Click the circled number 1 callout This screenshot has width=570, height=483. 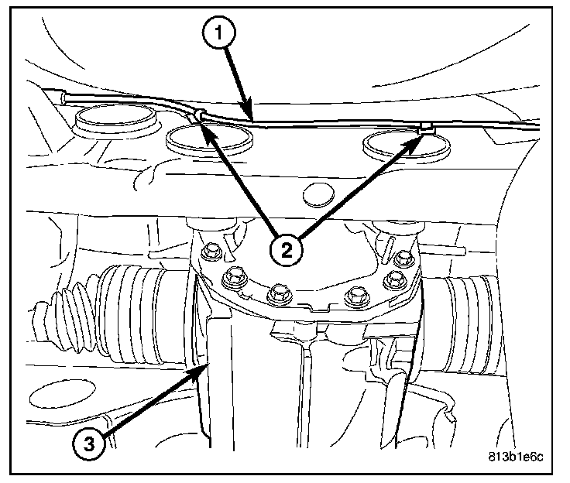(219, 33)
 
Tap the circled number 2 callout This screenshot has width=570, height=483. (287, 251)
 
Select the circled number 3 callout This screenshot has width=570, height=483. (89, 444)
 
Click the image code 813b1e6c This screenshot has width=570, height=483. (516, 457)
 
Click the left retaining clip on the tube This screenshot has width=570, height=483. (199, 115)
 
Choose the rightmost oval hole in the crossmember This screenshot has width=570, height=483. (407, 145)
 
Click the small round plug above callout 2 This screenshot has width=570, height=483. (318, 195)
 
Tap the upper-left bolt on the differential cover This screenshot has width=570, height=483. (211, 251)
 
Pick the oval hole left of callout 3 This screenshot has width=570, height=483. (62, 394)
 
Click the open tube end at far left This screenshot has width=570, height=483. (63, 98)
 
